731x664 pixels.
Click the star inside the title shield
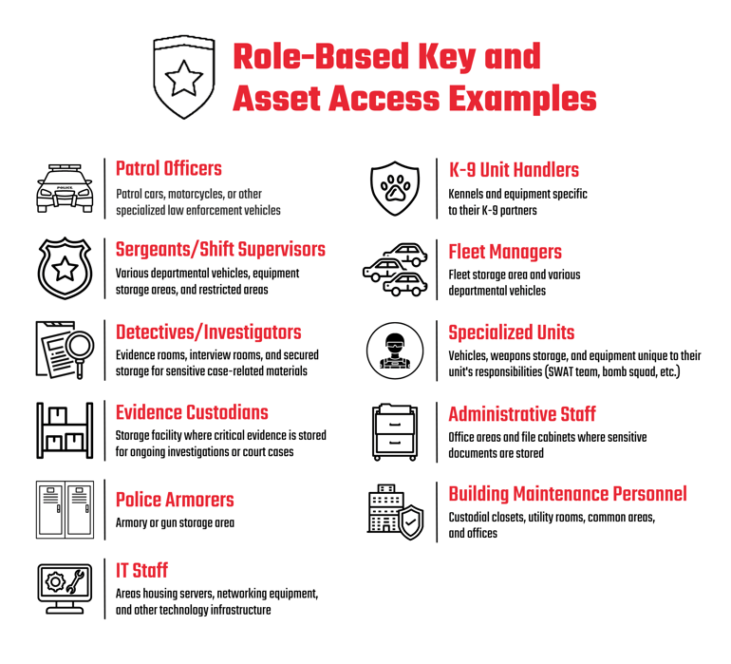click(183, 79)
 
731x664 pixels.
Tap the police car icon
click(65, 188)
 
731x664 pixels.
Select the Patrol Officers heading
click(169, 169)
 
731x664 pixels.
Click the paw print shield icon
click(395, 188)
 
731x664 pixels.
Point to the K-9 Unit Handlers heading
click(514, 170)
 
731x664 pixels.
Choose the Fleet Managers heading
click(505, 252)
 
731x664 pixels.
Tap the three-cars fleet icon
click(395, 269)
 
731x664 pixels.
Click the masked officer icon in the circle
click(395, 351)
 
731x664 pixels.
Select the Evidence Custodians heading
click(192, 412)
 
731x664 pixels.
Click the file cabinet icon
click(395, 432)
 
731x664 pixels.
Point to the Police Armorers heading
click(175, 500)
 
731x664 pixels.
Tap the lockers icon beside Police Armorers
click(65, 509)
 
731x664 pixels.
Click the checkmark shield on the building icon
click(410, 522)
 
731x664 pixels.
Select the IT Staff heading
click(141, 571)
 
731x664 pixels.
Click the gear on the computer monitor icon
click(55, 582)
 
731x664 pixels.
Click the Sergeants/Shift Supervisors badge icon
click(65, 268)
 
